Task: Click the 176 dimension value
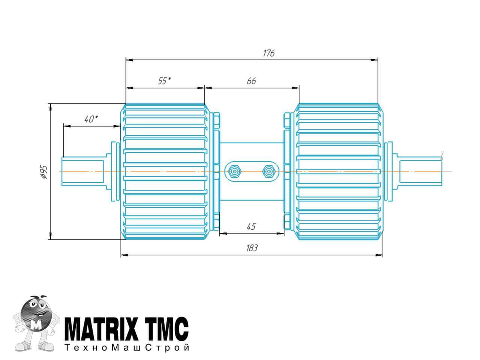point(268,53)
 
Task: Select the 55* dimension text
point(164,81)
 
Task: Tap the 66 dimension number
point(251,81)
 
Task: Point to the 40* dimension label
point(91,119)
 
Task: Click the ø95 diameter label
point(44,172)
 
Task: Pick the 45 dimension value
point(251,226)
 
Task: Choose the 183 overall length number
point(252,248)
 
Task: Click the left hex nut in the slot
point(234,171)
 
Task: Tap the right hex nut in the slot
point(269,171)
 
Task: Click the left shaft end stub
point(82,171)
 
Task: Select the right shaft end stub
point(421,171)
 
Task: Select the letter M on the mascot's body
point(36,325)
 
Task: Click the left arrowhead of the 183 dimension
point(124,255)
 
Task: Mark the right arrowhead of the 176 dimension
point(374,60)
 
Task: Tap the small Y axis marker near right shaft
point(442,156)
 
